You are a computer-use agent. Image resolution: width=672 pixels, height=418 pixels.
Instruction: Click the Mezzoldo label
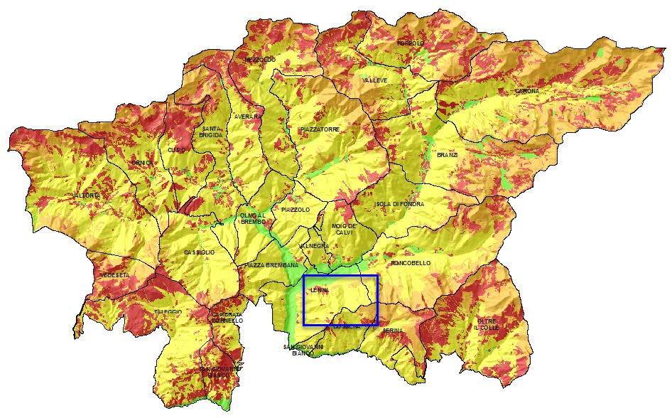tap(259, 60)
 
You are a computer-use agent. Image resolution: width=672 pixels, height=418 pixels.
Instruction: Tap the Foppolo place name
tap(411, 44)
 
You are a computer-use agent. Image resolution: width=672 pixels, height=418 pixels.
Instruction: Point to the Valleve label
tap(375, 81)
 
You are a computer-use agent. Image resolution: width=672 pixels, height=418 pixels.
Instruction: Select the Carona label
tap(527, 92)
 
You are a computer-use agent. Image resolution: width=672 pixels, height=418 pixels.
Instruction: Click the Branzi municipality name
tap(448, 155)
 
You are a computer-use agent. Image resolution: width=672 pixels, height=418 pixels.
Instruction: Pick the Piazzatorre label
tap(320, 129)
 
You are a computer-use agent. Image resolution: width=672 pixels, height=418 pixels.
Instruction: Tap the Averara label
tap(248, 116)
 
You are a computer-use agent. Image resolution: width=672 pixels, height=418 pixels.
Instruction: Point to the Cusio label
tap(175, 150)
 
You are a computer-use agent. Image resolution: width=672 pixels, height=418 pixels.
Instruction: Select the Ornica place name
tap(142, 164)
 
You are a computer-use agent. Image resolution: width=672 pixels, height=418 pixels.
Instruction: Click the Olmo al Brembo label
tap(252, 219)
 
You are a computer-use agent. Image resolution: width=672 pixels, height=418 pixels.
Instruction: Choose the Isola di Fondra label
tap(399, 204)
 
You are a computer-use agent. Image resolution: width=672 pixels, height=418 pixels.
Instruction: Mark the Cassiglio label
tap(199, 253)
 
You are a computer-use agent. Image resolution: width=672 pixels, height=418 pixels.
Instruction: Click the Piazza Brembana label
tap(271, 265)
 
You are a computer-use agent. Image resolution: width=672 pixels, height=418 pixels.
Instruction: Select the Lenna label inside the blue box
tap(320, 290)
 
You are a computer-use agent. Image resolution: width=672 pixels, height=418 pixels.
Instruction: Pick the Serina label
tap(393, 331)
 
